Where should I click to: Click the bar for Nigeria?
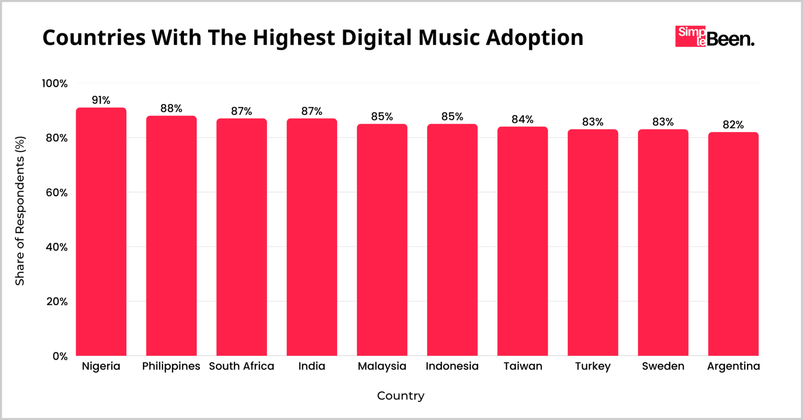pos(101,231)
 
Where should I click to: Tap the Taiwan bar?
pos(522,241)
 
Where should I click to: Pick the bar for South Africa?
pos(242,237)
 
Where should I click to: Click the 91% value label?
pos(101,100)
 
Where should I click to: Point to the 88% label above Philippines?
pos(171,109)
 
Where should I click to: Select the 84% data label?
pos(522,120)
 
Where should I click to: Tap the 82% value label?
pos(733,125)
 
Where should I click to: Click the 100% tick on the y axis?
pos(55,84)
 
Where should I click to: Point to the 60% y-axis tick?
pos(57,193)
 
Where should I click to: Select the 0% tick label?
pos(60,356)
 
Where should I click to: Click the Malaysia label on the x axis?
pos(382,366)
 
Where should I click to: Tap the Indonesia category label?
pos(452,366)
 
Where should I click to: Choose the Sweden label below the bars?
pos(663,366)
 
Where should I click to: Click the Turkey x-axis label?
pos(593,367)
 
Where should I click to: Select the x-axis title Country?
pos(401,396)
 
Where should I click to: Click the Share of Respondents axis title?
pos(20,211)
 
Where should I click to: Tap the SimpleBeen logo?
pos(714,37)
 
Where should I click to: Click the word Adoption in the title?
pos(534,38)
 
